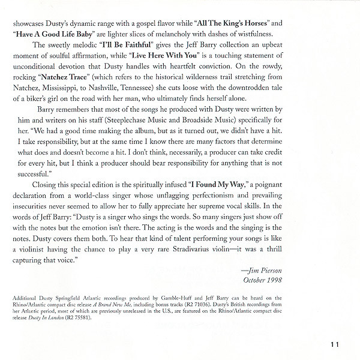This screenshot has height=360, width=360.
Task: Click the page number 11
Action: point(335,344)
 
